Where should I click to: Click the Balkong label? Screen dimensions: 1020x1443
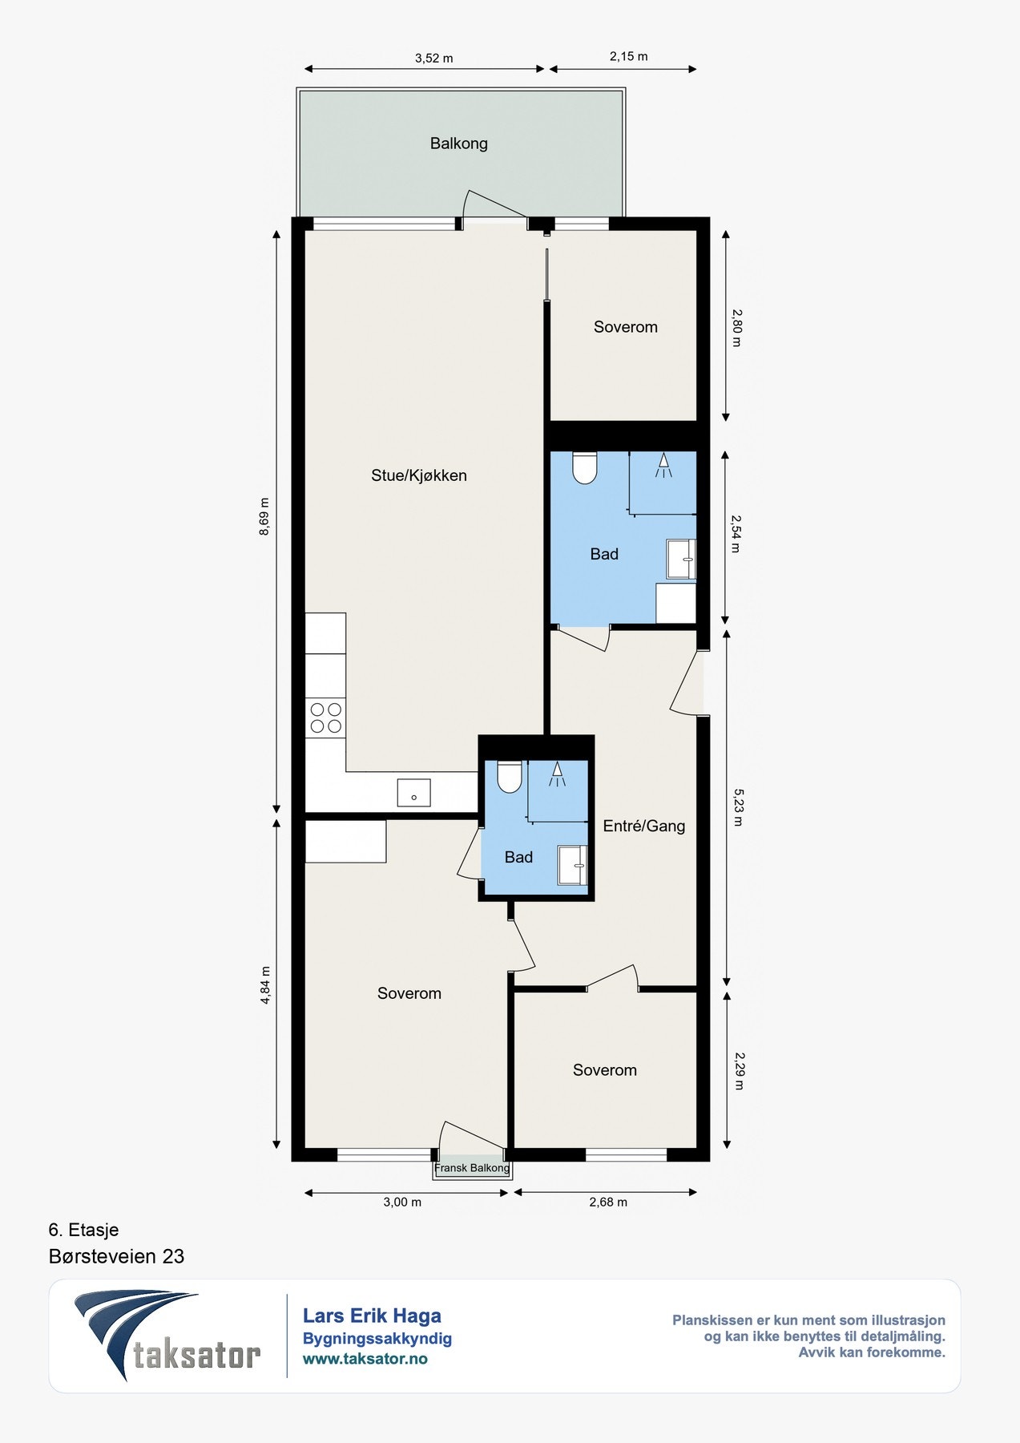click(x=458, y=143)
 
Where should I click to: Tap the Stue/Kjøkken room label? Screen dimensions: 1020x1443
click(x=418, y=475)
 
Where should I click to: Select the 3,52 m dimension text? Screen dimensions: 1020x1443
click(x=433, y=58)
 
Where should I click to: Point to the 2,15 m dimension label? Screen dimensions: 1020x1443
click(x=628, y=56)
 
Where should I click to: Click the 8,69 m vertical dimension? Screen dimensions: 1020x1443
click(x=264, y=517)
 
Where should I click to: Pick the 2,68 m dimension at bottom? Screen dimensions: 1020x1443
click(x=608, y=1202)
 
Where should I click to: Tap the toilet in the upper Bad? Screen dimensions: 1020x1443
click(x=585, y=468)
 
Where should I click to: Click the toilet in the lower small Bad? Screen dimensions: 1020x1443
click(x=510, y=776)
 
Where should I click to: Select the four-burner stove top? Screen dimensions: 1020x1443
click(x=325, y=717)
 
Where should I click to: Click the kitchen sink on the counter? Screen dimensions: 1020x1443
click(x=414, y=793)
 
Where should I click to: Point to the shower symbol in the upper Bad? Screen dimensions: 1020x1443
click(x=663, y=466)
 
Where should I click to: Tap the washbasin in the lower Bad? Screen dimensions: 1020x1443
click(x=572, y=865)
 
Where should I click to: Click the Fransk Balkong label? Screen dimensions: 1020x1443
click(x=472, y=1168)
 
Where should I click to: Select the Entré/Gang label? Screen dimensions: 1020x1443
click(x=644, y=826)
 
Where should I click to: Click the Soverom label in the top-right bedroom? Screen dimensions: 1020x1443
click(x=625, y=327)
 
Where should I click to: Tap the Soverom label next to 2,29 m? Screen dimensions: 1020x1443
click(x=604, y=1070)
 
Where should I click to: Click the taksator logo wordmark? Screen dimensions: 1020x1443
click(x=197, y=1354)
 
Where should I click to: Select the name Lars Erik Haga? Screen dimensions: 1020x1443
click(x=372, y=1316)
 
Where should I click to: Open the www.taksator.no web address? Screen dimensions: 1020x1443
click(x=365, y=1359)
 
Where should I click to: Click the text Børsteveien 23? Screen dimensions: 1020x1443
click(x=116, y=1256)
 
